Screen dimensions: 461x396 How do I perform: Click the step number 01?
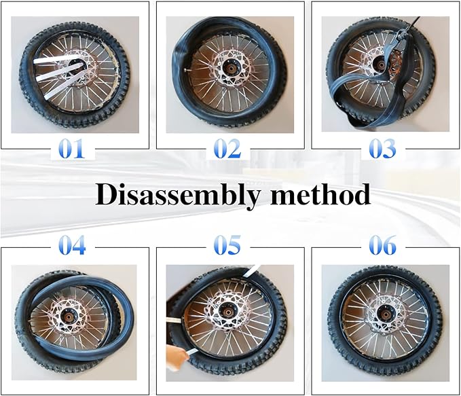tap(72, 149)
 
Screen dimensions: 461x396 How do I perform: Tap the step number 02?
tap(227, 149)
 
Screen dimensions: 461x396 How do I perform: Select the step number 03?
tap(382, 149)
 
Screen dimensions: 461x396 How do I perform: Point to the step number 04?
tap(72, 245)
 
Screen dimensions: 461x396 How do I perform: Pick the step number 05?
tap(227, 245)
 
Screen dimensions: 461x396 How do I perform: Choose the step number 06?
tap(382, 245)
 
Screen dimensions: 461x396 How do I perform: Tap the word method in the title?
tap(320, 194)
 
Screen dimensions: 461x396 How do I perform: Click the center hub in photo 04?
tap(69, 318)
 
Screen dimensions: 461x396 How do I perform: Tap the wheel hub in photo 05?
tap(227, 312)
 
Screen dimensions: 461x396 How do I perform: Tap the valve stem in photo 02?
tap(188, 70)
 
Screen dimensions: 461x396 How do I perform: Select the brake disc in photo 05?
tap(227, 312)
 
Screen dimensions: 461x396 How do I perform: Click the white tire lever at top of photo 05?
tap(251, 270)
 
